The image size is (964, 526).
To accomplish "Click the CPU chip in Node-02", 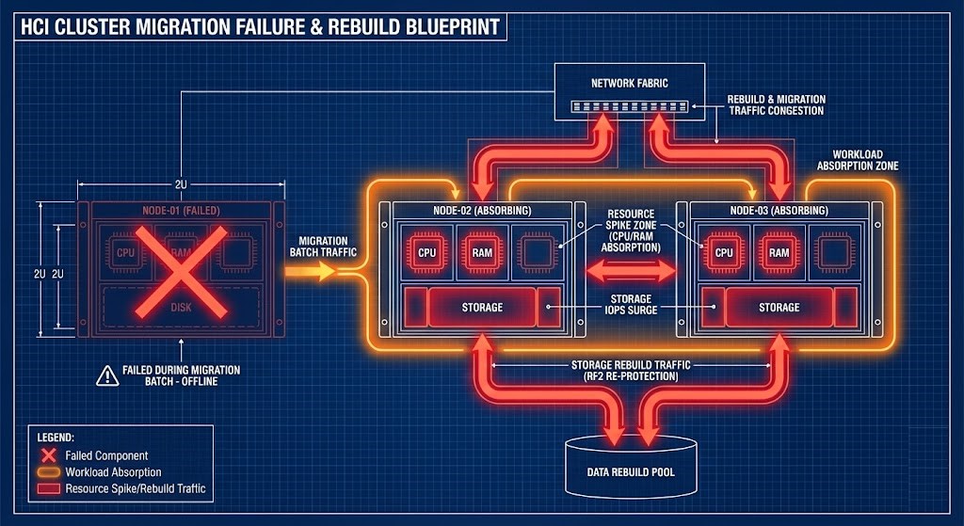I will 427,251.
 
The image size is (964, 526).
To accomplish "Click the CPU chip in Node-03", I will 724,251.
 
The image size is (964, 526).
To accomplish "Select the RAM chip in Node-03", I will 779,251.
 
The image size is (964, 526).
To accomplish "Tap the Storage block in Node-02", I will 481,307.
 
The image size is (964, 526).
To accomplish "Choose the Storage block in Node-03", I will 779,307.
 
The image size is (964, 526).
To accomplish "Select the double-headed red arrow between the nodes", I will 631,271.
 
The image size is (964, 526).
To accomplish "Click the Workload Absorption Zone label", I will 865,159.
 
